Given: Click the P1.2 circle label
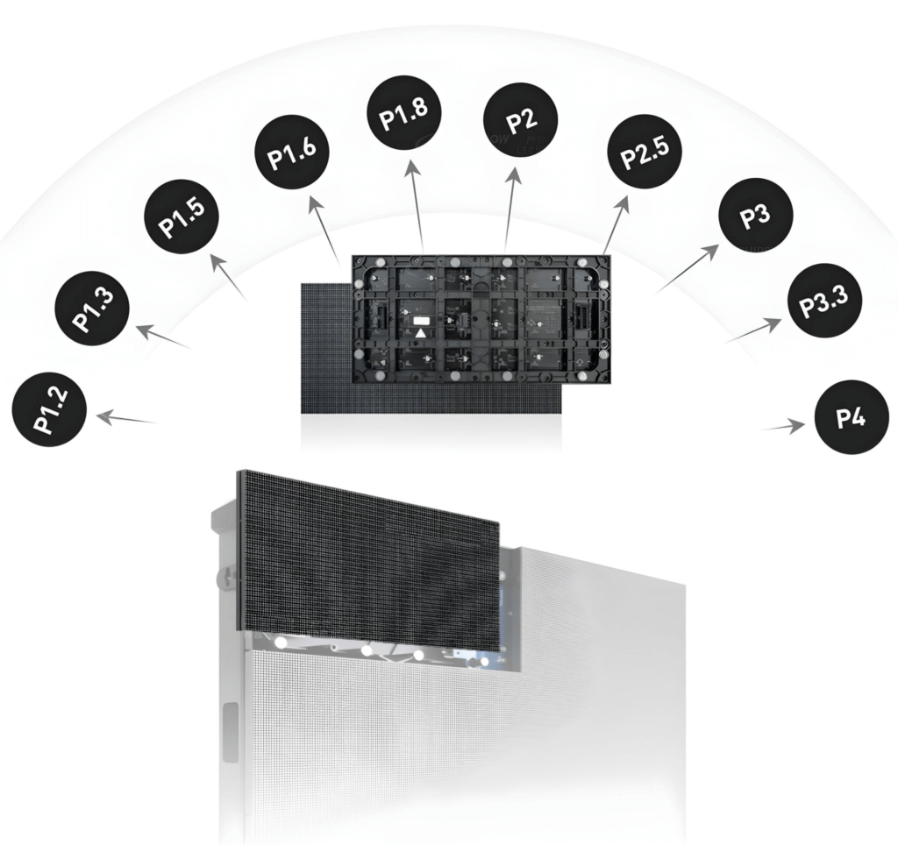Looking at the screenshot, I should click(x=50, y=410).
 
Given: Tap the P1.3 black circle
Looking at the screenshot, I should click(x=92, y=309).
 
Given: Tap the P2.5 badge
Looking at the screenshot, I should click(x=644, y=150).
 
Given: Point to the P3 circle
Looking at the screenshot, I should click(x=755, y=216).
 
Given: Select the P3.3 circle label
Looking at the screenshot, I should click(x=823, y=301).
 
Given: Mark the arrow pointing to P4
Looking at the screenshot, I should click(x=784, y=427).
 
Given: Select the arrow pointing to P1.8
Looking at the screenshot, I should click(x=416, y=206).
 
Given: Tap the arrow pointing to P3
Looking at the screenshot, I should click(x=688, y=267).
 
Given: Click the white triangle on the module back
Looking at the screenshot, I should click(x=421, y=333).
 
